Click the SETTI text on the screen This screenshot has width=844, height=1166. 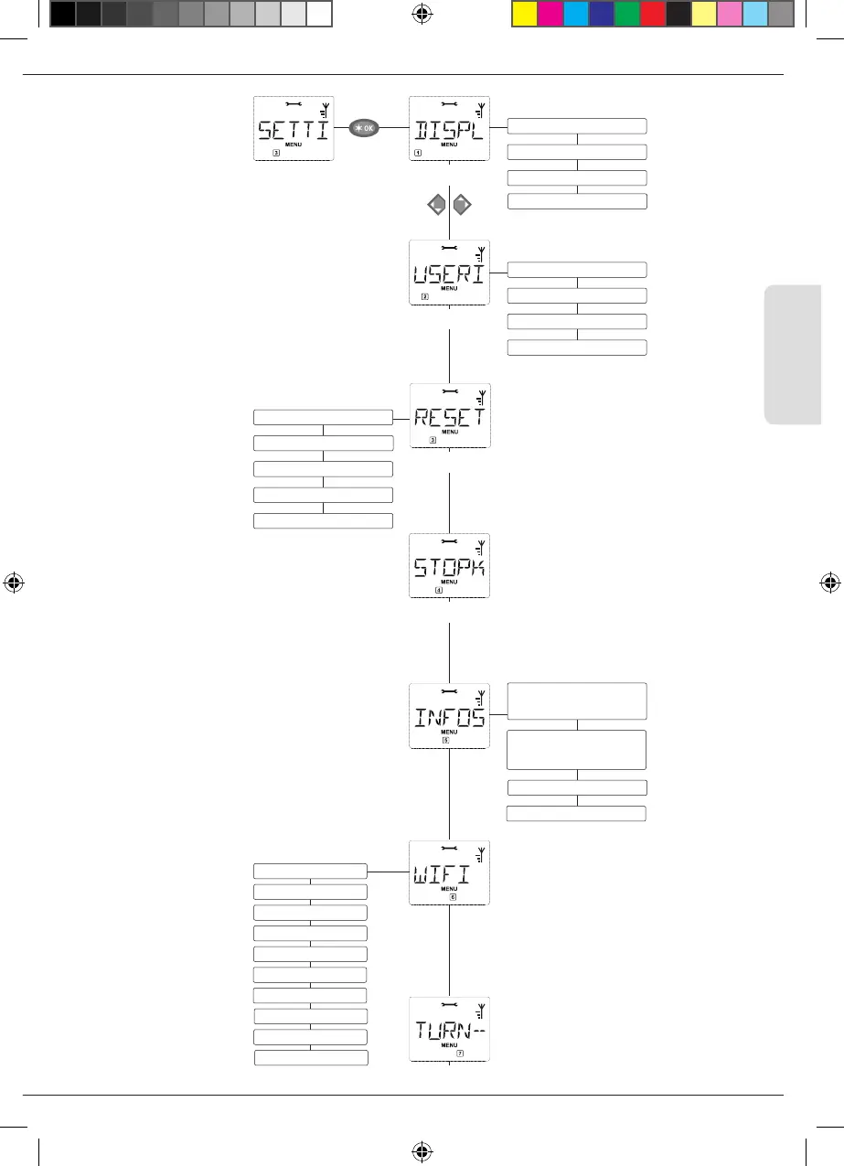(292, 130)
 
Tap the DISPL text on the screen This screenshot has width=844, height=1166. (449, 130)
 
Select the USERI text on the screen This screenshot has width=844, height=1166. (449, 273)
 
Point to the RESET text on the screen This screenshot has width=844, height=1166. (449, 418)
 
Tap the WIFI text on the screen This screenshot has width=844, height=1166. (443, 874)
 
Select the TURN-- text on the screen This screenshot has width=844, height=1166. (449, 1031)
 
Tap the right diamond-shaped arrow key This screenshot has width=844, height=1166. (463, 206)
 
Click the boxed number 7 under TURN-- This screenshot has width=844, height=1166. (460, 1054)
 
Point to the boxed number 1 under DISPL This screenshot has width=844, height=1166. (418, 154)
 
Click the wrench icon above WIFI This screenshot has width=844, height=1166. (448, 849)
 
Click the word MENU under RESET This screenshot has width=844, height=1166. (448, 433)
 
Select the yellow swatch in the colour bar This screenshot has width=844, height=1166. (524, 14)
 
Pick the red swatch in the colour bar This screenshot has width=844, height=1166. (653, 14)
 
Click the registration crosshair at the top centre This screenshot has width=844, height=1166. (422, 14)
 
